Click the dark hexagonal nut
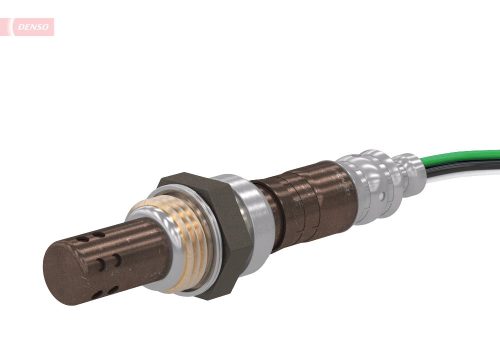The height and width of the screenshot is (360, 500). tap(220, 235)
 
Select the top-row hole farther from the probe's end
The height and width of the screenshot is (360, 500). tap(99, 234)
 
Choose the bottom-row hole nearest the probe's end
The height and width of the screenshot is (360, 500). tap(97, 294)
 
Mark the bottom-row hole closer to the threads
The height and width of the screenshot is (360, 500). tap(113, 289)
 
